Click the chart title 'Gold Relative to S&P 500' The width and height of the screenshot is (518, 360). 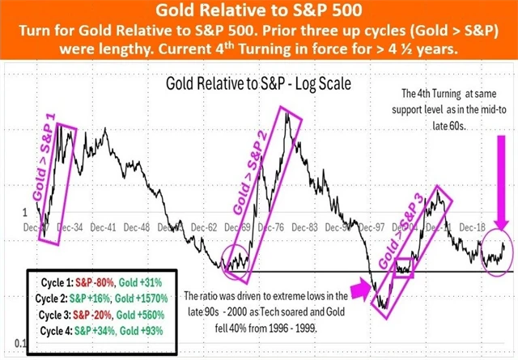259,11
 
